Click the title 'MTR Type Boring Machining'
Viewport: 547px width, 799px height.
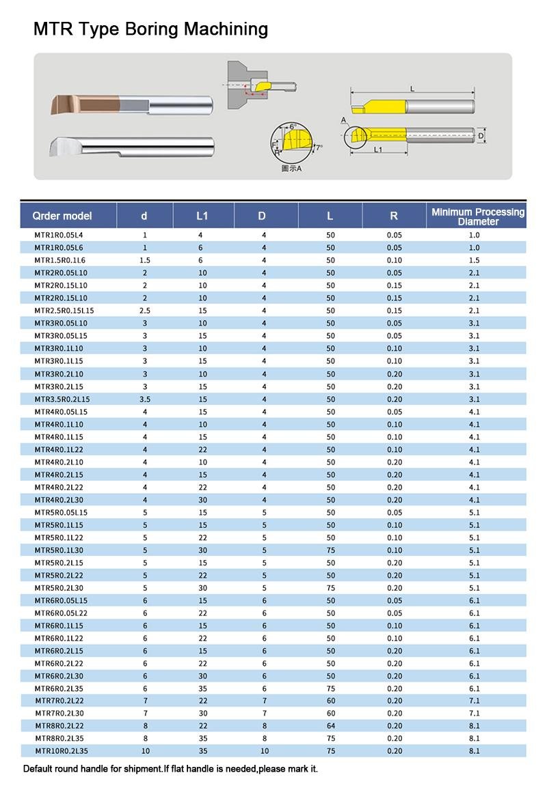pyautogui.click(x=150, y=29)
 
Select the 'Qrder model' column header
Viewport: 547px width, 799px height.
pyautogui.click(x=62, y=216)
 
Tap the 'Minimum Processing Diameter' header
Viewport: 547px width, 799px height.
pyautogui.click(x=478, y=216)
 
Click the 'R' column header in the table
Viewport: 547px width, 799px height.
pyautogui.click(x=394, y=216)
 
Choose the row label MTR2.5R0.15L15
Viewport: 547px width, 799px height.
pyautogui.click(x=64, y=311)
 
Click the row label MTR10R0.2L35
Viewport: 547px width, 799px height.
pyautogui.click(x=62, y=751)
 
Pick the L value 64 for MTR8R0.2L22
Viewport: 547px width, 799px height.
pyautogui.click(x=330, y=725)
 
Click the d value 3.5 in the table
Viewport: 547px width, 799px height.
pyautogui.click(x=145, y=399)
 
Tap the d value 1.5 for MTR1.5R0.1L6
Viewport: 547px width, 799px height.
pyautogui.click(x=145, y=260)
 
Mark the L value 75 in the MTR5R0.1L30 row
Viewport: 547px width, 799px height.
pyautogui.click(x=330, y=550)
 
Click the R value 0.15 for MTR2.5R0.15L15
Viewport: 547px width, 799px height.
pyautogui.click(x=394, y=311)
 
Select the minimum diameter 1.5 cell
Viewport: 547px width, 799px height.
pyautogui.click(x=474, y=260)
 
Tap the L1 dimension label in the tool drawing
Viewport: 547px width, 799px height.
pyautogui.click(x=377, y=150)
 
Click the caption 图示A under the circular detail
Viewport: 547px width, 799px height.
pyautogui.click(x=292, y=168)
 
